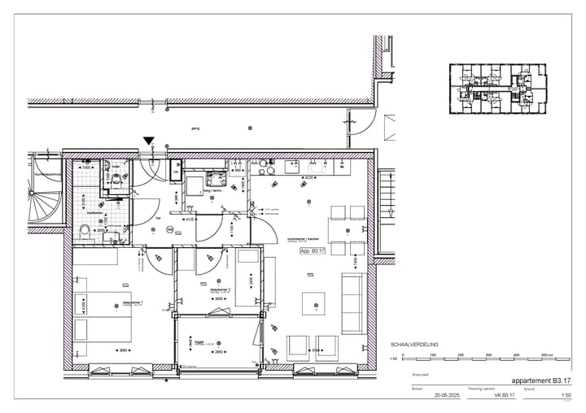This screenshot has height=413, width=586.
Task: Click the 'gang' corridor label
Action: [195, 128]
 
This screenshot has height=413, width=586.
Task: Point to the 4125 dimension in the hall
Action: [189, 220]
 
